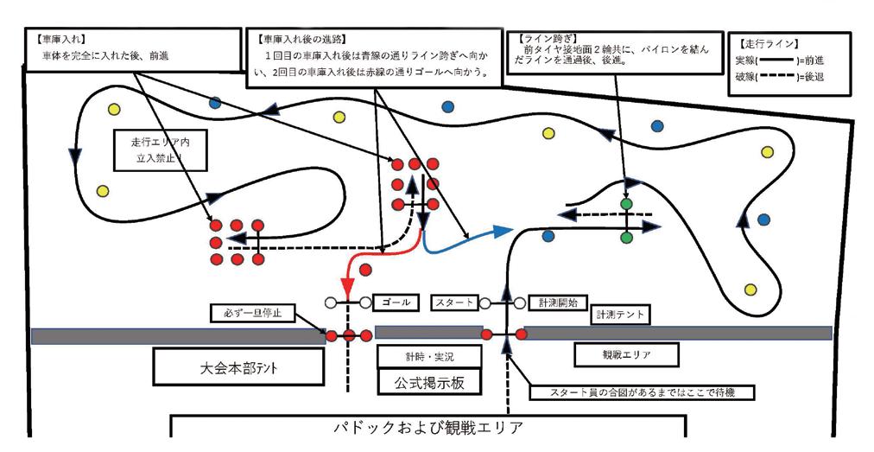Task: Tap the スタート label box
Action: (x=454, y=302)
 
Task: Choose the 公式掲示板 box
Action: (x=429, y=380)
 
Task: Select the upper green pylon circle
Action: (x=626, y=203)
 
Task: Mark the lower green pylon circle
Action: (x=626, y=236)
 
